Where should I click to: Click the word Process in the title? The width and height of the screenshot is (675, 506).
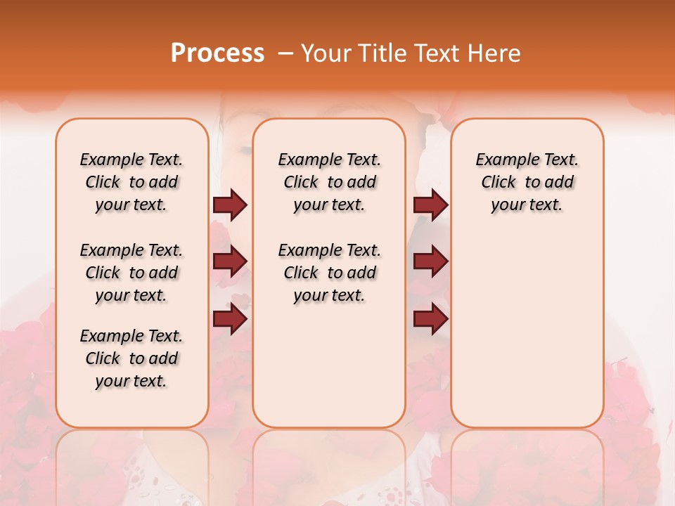(x=217, y=53)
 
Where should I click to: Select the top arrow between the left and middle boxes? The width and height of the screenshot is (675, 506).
(x=230, y=205)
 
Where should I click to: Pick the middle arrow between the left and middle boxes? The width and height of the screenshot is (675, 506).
(x=230, y=261)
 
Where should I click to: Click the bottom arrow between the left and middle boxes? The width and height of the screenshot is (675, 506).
(x=230, y=320)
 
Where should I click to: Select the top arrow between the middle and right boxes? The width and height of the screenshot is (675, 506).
(x=430, y=205)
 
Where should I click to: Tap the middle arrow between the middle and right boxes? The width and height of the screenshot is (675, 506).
(x=430, y=261)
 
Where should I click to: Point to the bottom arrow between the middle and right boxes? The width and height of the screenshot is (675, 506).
(x=430, y=320)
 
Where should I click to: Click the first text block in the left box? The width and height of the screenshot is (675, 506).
(x=131, y=182)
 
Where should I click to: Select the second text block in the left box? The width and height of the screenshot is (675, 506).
(x=131, y=273)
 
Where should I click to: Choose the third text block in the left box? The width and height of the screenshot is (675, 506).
(x=131, y=358)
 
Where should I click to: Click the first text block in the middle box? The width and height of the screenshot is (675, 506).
(x=329, y=182)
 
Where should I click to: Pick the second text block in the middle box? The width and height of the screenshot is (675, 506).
(x=329, y=273)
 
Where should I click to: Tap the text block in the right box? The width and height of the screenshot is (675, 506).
(x=527, y=182)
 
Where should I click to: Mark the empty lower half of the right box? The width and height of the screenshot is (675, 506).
(x=527, y=337)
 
